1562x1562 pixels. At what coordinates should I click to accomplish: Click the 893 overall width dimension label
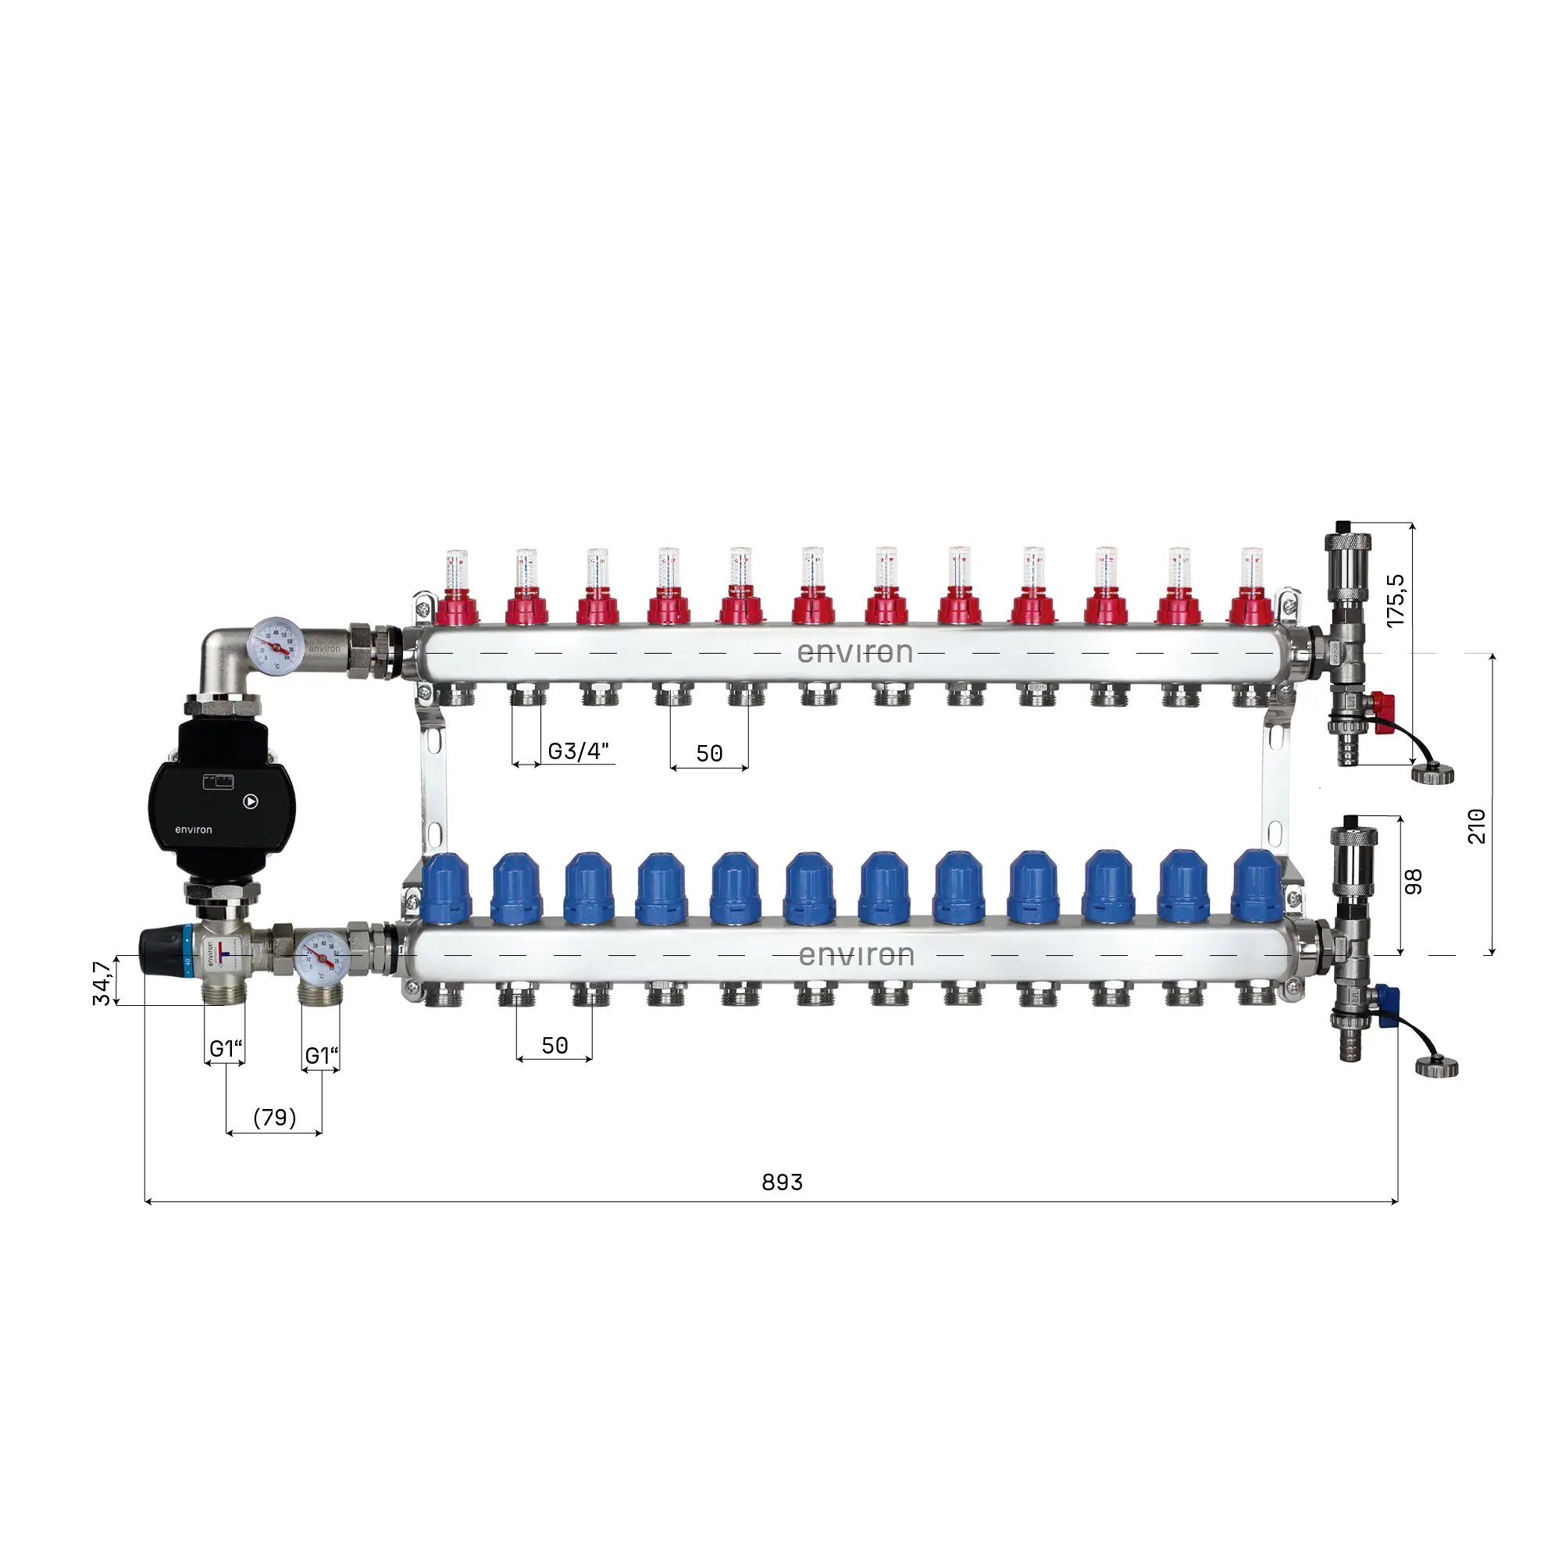782,1182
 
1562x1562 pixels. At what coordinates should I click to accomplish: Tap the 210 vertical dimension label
1476,826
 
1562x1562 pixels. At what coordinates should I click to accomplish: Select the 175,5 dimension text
1396,600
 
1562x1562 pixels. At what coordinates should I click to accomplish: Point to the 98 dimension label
1412,881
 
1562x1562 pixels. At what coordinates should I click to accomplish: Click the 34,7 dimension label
102,983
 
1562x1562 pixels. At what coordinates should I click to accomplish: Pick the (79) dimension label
275,1118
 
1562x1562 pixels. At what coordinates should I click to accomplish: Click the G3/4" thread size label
578,751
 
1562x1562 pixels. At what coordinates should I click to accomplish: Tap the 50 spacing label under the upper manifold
709,754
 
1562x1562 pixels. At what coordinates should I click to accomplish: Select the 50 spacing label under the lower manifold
555,1046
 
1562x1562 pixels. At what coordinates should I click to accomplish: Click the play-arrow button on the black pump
251,801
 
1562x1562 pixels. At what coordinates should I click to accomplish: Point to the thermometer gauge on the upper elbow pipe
276,645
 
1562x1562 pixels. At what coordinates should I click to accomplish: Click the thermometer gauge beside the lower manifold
322,958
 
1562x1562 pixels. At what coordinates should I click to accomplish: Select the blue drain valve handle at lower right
1387,1006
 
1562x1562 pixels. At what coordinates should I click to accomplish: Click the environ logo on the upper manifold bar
854,652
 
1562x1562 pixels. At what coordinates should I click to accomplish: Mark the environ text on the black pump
193,829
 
